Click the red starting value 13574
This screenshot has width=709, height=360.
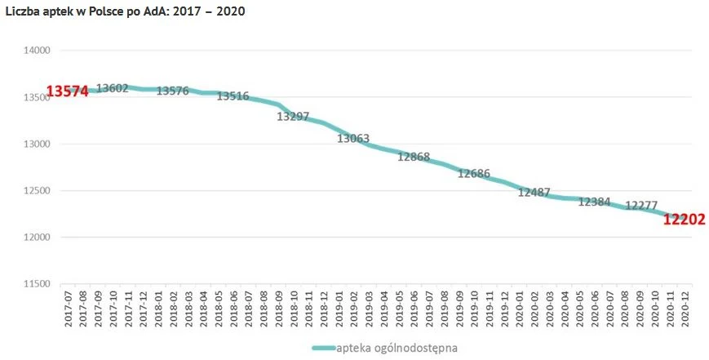pos(67,91)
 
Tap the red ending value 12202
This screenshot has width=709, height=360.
pos(684,220)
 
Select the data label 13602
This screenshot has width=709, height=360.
pos(112,88)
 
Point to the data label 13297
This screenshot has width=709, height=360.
pos(293,116)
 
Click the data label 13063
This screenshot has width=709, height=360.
pos(353,138)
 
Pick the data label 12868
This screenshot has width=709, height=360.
pos(414,157)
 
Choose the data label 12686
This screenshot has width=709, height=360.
pos(474,174)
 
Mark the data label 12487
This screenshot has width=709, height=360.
pos(534,192)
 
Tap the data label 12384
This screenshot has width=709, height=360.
pos(594,202)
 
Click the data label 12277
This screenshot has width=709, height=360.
pos(641,206)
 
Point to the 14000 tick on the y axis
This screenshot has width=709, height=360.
pos(36,51)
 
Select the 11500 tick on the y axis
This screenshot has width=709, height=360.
pos(36,284)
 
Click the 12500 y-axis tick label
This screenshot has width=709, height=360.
pos(36,191)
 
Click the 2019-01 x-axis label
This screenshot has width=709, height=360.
pos(338,310)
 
